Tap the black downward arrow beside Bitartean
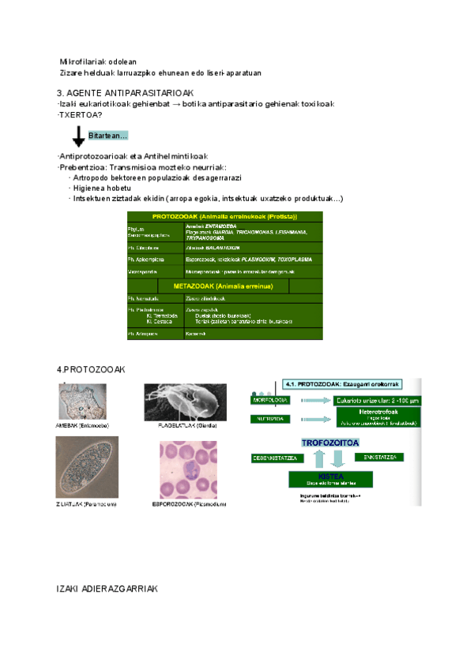[x=79, y=136]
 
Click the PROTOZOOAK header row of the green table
[x=224, y=216]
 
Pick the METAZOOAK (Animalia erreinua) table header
[x=224, y=285]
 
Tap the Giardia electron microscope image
[x=185, y=402]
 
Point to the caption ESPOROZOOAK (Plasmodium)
[x=194, y=503]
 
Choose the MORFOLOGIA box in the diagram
[x=269, y=400]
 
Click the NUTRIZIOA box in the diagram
[x=269, y=419]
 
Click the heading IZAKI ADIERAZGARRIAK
[x=108, y=589]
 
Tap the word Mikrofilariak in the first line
[x=80, y=62]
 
